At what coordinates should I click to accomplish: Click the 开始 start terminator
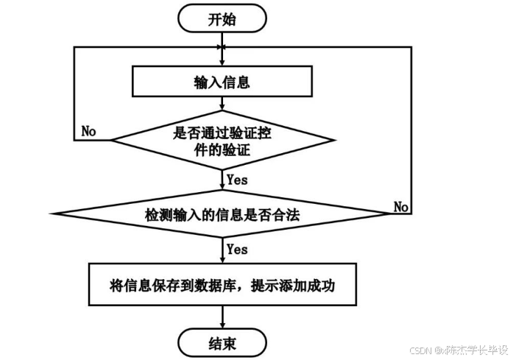(x=222, y=20)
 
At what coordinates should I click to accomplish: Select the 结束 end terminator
(x=222, y=342)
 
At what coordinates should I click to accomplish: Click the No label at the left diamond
(x=89, y=131)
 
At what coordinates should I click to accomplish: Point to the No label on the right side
(x=401, y=206)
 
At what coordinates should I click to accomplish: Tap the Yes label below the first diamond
(x=237, y=178)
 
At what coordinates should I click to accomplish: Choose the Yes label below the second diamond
(x=237, y=250)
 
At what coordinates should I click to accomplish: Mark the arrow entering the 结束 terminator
(x=222, y=317)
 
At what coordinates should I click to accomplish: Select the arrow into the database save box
(x=222, y=250)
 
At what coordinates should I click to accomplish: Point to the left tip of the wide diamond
(x=58, y=214)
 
